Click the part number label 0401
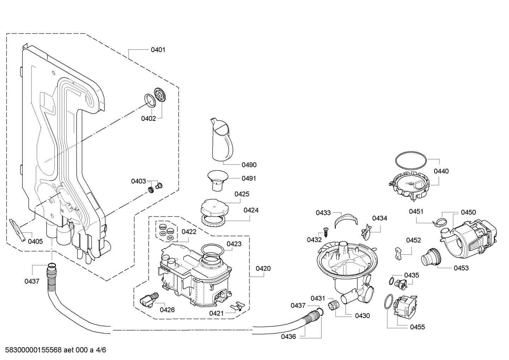(158, 50)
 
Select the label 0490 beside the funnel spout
(249, 165)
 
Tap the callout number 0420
(263, 268)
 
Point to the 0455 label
(418, 327)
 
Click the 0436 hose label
(288, 337)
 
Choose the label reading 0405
(35, 242)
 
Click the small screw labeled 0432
(325, 232)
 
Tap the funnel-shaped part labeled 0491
(218, 180)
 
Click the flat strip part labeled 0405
(18, 230)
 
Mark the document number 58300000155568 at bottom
(33, 350)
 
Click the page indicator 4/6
(101, 350)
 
